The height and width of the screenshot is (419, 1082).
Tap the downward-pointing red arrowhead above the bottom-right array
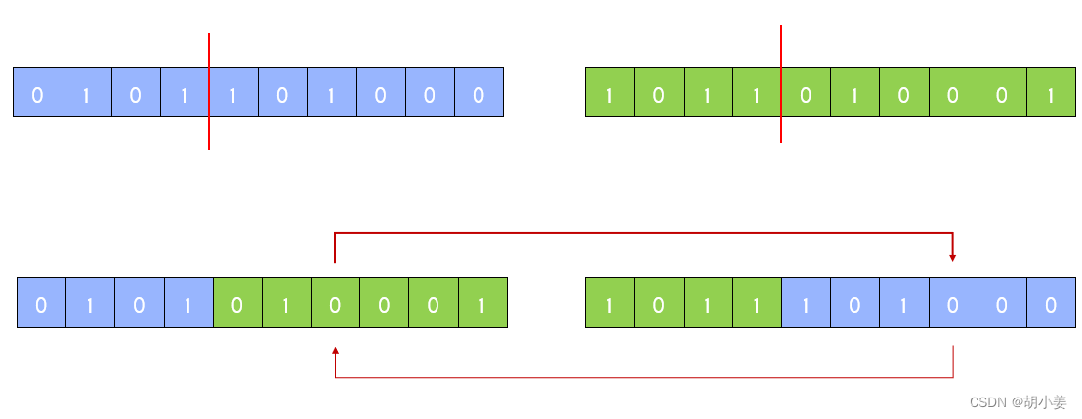952,257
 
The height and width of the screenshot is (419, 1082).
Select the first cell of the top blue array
37,93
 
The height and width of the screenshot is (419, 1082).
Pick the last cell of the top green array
1051,93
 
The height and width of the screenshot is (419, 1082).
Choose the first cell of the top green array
609,93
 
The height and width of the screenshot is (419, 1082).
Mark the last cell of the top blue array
479,93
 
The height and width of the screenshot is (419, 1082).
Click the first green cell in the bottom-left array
237,303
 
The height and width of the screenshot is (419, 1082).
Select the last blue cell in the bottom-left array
188,303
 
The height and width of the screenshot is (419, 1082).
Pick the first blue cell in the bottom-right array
806,303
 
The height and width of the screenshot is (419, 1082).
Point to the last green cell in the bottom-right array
757,303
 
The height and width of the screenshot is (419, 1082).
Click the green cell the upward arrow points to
335,303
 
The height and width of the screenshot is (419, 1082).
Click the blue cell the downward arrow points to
953,303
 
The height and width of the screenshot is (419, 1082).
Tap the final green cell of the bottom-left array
482,303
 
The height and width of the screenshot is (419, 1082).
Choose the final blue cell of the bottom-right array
1051,303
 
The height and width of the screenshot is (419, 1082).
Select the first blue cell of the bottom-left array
41,303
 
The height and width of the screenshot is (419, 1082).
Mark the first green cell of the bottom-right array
609,303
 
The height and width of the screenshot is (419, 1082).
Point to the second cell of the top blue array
86,93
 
